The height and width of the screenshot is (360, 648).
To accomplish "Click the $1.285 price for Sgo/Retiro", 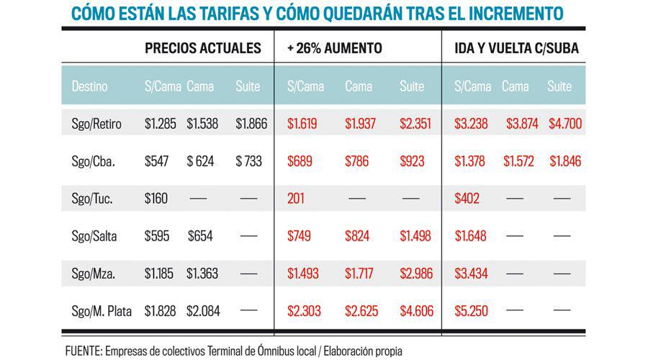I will pos(160,124).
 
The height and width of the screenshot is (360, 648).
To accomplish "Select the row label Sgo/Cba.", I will pos(92,161).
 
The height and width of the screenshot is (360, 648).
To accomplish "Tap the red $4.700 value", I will pos(565,124).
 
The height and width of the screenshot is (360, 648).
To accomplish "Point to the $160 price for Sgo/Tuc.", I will pos(156,199).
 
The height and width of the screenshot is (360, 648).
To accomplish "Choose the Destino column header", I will pos(90,87).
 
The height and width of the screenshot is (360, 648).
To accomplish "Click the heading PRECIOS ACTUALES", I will pos(203,49).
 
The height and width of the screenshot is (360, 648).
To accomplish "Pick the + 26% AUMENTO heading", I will pos(334,49).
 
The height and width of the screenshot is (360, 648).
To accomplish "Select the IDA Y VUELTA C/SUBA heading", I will pos(517,49).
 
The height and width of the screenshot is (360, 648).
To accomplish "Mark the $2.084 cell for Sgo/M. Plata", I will pos(203,311).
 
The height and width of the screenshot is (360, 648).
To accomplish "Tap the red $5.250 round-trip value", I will pos(472,311).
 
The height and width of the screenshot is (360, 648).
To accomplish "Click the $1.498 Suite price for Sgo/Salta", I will pos(415,236).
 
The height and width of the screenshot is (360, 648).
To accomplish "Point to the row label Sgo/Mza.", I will pos(94,274).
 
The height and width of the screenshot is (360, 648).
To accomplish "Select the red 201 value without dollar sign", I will pos(297,199).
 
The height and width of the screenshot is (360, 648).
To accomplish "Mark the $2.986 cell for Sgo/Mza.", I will pos(415,274).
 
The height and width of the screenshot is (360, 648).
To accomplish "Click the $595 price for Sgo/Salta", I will pos(156,236).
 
